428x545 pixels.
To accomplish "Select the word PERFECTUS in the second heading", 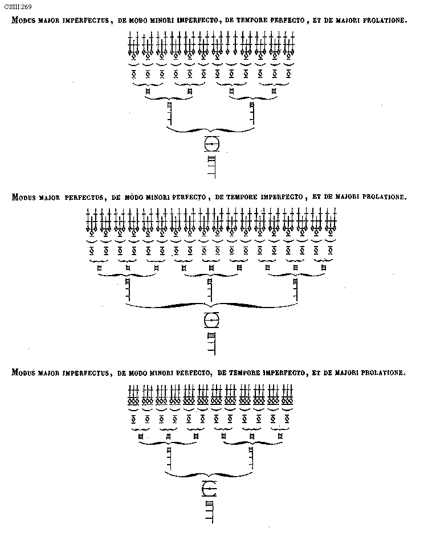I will point(83,198).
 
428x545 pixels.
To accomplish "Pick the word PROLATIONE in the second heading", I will point(383,198).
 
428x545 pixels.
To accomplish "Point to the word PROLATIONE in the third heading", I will point(382,373).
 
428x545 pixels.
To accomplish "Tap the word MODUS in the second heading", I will point(24,198).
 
